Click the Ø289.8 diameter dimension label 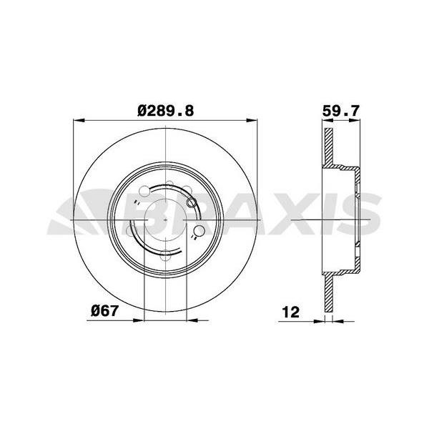click(x=166, y=111)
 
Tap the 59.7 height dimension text click(x=340, y=111)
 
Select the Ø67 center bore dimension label click(x=104, y=311)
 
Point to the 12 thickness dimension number click(x=290, y=312)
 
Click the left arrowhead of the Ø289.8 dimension click(x=79, y=120)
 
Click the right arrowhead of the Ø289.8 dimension click(x=252, y=120)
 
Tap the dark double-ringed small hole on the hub click(x=191, y=203)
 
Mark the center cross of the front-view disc click(x=166, y=220)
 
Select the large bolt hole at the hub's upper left click(x=144, y=191)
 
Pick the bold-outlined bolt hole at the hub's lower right click(x=199, y=231)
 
